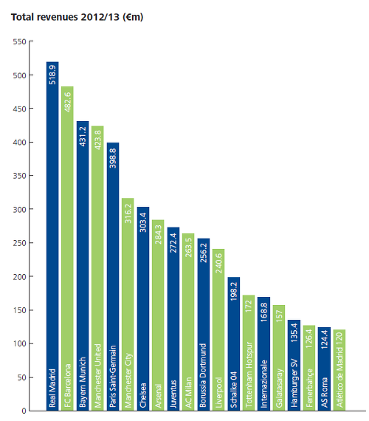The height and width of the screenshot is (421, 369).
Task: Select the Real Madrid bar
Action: point(52,236)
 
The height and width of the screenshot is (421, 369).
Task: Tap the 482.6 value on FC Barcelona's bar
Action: point(67,102)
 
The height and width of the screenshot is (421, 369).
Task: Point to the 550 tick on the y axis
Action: point(20,41)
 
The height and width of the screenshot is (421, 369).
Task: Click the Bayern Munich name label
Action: point(83,383)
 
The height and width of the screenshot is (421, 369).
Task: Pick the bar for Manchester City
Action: point(128,304)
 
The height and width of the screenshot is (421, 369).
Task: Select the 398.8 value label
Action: point(113,158)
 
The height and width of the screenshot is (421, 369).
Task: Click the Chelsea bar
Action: point(143,309)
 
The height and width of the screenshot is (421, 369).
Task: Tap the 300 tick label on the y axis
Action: point(20,209)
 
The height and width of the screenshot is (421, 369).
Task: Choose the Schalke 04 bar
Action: point(234,344)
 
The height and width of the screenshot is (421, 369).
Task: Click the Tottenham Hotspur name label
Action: point(249,374)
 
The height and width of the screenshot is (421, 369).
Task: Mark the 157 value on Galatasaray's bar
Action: point(279,316)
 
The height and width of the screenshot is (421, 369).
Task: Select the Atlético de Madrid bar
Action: point(339,370)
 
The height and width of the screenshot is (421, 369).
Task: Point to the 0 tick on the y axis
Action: point(24,411)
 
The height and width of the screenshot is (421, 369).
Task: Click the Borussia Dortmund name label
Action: point(204,376)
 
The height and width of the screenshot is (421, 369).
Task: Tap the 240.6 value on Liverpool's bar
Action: point(218,263)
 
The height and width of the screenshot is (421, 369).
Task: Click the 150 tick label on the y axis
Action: point(20,310)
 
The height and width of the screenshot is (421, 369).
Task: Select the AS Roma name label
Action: point(324,392)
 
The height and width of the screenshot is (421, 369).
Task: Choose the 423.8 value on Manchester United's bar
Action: point(97,140)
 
